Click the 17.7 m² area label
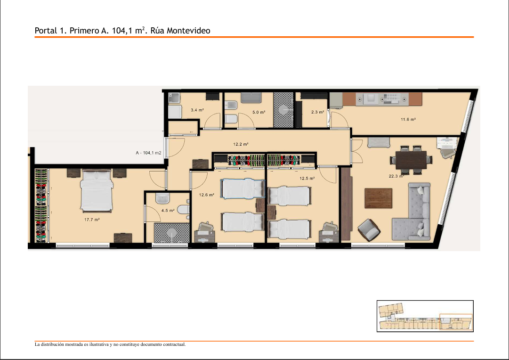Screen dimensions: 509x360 [92, 220]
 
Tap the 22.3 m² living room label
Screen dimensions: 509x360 [396, 176]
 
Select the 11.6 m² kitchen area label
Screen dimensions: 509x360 [408, 119]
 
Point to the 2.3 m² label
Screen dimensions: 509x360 [317, 112]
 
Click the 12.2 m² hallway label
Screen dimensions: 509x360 [241, 144]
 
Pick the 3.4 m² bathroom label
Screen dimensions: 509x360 [197, 110]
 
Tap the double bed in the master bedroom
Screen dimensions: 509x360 [97, 191]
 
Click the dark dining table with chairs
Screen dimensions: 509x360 [411, 160]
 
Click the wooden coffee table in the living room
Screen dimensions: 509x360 [378, 198]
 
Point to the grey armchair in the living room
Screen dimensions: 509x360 [369, 230]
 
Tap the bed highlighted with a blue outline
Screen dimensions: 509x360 [242, 188]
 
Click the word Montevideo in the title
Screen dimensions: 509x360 [189, 31]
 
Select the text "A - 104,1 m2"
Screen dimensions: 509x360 [148, 153]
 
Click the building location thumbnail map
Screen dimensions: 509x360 [425, 316]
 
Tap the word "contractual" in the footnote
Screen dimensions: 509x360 [174, 344]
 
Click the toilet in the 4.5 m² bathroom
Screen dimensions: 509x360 [184, 210]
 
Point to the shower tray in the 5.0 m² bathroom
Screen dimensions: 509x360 [283, 110]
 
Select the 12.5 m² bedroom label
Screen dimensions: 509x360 [307, 179]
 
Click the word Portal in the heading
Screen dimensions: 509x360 [46, 31]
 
